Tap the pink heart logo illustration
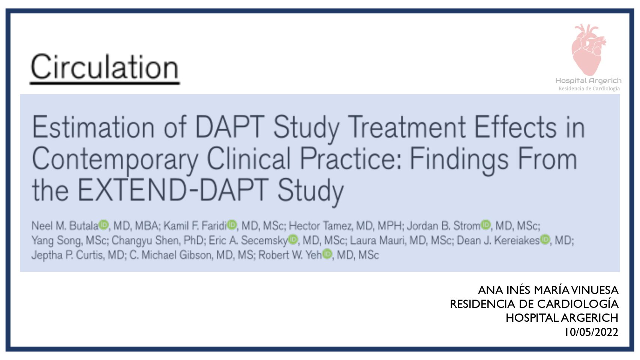click(x=588, y=50)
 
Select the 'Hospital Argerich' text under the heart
click(x=588, y=81)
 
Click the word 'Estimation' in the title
click(x=93, y=127)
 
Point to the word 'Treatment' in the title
click(x=407, y=127)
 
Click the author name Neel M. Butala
click(x=65, y=226)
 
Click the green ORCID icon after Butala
click(x=104, y=225)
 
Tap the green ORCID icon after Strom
click(x=486, y=225)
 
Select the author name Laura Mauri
click(x=377, y=240)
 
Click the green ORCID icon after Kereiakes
click(x=545, y=239)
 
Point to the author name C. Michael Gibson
click(x=170, y=255)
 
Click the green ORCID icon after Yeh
click(x=327, y=254)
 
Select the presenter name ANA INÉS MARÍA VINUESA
click(x=548, y=290)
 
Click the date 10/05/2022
click(x=592, y=332)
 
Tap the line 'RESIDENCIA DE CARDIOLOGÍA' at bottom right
click(x=534, y=304)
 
